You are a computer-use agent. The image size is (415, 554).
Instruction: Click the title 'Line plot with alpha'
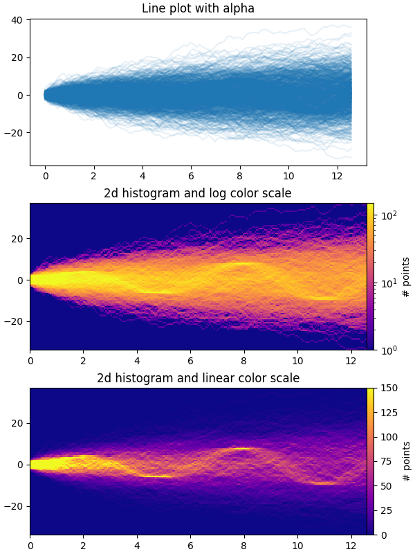click(x=198, y=9)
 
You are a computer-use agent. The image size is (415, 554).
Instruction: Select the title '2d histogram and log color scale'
click(x=198, y=193)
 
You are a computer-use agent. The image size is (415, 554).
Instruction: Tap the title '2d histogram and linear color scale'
click(x=198, y=378)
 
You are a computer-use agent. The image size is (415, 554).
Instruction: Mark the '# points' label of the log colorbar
click(x=406, y=276)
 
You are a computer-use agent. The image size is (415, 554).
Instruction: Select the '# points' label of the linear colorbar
click(x=406, y=461)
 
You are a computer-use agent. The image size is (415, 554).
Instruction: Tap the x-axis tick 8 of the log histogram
click(x=243, y=361)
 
